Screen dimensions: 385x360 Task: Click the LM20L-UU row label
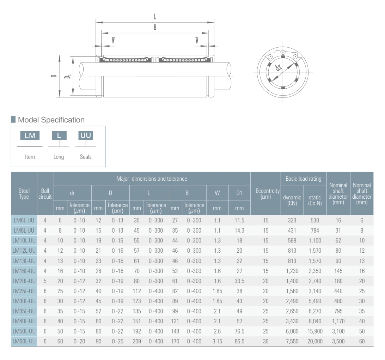coord(24,281)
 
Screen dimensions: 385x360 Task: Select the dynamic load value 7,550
coord(292,341)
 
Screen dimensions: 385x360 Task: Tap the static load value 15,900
coord(315,331)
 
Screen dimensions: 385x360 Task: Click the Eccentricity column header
coord(267,194)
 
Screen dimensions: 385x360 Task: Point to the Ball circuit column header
coord(45,194)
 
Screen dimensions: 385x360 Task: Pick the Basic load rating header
coord(303,179)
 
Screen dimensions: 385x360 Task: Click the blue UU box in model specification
coord(86,136)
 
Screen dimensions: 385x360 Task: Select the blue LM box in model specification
coord(30,136)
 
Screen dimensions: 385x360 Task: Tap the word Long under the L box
coord(59,157)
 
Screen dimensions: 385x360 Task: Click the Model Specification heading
coord(51,120)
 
